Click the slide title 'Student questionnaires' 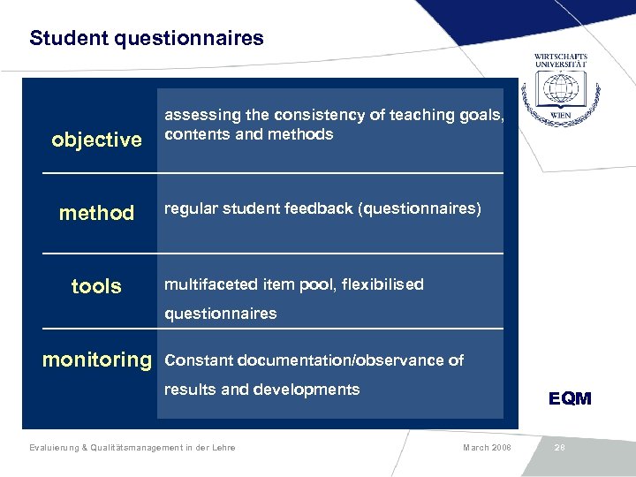(x=146, y=38)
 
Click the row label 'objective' (x=96, y=140)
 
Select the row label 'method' (x=96, y=213)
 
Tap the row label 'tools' (x=96, y=286)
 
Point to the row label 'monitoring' (x=97, y=360)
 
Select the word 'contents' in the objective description (x=193, y=134)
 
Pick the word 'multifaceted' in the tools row (x=211, y=284)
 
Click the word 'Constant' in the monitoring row (x=196, y=360)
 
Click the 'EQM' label (x=570, y=398)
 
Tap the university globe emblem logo (x=560, y=90)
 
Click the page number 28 (x=559, y=448)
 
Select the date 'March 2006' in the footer (x=486, y=448)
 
